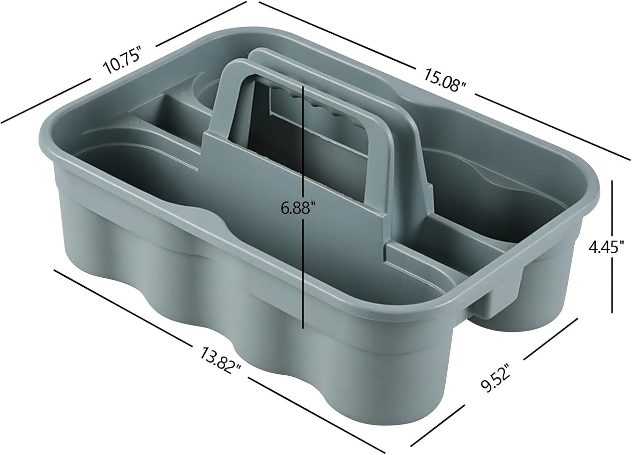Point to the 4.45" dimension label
(x=605, y=247)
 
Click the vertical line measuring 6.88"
(x=303, y=272)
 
